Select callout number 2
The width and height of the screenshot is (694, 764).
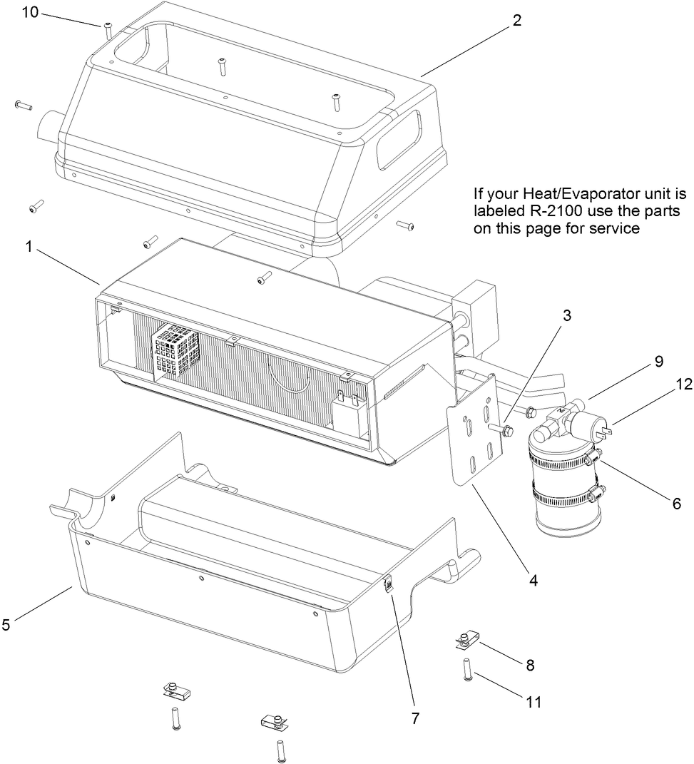click(516, 21)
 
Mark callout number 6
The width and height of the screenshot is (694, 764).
click(676, 503)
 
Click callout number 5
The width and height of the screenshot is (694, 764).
click(6, 625)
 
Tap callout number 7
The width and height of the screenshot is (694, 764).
click(414, 718)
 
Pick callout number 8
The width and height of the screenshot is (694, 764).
click(530, 665)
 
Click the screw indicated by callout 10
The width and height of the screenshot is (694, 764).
click(108, 30)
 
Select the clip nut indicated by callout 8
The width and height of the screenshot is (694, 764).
click(464, 640)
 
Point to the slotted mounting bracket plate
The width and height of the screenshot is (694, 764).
click(475, 432)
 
